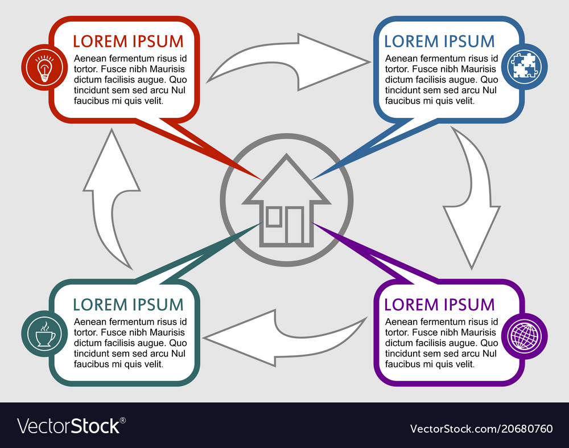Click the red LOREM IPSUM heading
pyautogui.click(x=128, y=41)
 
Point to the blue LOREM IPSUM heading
pyautogui.click(x=439, y=41)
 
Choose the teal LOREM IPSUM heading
pyautogui.click(x=128, y=305)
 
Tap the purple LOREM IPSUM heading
pyautogui.click(x=439, y=305)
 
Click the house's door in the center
pyautogui.click(x=295, y=225)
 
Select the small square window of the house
pyautogui.click(x=274, y=217)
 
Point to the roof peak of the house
pyautogui.click(x=287, y=158)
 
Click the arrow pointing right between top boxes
pyautogui.click(x=290, y=63)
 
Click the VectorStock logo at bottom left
pyautogui.click(x=71, y=426)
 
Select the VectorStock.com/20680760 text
pyautogui.click(x=481, y=428)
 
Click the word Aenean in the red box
pyautogui.click(x=90, y=58)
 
